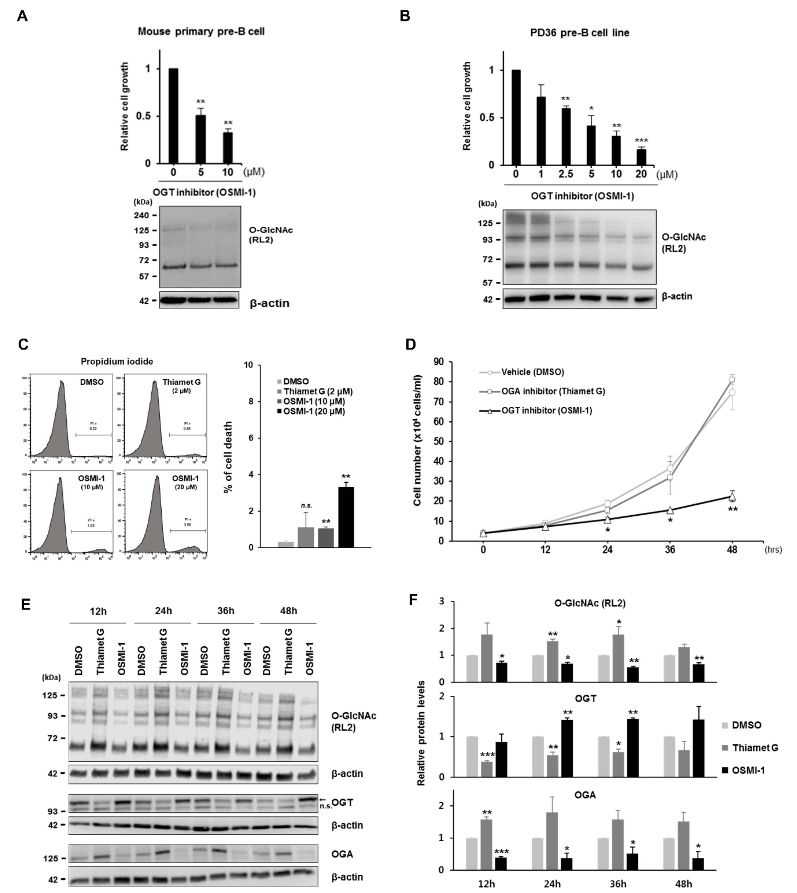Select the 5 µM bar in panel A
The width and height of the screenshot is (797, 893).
point(201,139)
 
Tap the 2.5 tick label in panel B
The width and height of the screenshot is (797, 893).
point(565,174)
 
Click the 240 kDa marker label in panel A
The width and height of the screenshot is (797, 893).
point(141,215)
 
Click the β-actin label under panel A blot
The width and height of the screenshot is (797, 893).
point(269,303)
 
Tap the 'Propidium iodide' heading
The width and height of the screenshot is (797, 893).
point(117,362)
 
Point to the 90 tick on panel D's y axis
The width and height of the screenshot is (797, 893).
point(438,362)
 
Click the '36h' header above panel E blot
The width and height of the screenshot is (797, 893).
point(225,611)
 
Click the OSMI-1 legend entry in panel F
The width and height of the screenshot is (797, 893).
point(748,770)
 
